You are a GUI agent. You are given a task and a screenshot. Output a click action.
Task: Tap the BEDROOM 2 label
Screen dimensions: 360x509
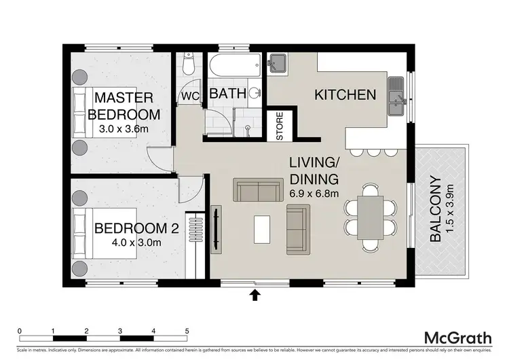[136, 228]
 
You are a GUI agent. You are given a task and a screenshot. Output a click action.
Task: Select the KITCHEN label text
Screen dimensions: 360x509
[345, 94]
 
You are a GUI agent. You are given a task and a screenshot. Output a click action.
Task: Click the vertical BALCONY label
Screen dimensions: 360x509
[436, 211]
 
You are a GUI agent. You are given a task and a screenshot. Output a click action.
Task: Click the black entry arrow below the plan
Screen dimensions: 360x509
[256, 294]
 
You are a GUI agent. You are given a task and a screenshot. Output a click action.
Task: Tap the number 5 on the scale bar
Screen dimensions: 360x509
[187, 331]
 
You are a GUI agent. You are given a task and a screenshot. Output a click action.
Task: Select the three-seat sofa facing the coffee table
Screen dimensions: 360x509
[258, 190]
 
